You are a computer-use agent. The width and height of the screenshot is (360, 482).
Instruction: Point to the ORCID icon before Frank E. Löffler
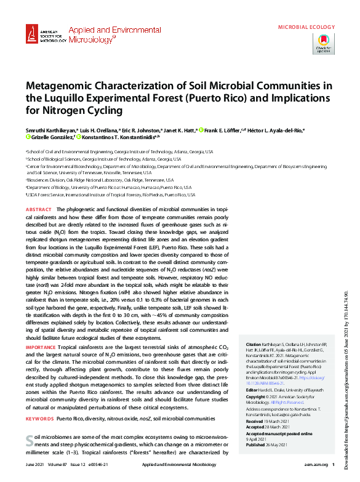click(201, 130)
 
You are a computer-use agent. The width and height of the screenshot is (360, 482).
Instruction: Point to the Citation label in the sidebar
click(253, 343)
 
